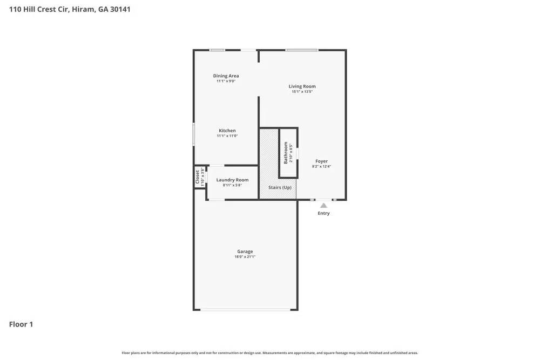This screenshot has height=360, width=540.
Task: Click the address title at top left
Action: click(69, 9)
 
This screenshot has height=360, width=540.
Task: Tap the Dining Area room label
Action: click(226, 76)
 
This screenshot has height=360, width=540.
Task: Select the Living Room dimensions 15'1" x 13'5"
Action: click(302, 92)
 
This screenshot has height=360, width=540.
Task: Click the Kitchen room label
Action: click(227, 131)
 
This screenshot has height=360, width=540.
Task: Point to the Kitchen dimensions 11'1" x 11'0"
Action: click(227, 136)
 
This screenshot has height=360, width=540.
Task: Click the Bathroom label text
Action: click(286, 153)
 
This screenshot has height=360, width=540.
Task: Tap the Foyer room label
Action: click(321, 161)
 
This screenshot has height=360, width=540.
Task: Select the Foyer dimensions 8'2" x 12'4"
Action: click(321, 167)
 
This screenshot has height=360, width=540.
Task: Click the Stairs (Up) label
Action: click(280, 187)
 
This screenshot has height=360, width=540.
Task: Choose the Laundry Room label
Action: click(232, 180)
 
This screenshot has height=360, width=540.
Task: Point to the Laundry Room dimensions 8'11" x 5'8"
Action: click(232, 185)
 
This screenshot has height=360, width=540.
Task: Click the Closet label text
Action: click(197, 176)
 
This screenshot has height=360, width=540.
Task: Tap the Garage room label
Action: click(245, 252)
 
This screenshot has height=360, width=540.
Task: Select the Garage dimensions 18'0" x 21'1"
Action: click(245, 257)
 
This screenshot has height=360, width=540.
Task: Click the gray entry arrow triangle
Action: click(323, 205)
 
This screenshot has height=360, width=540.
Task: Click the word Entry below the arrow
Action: click(323, 213)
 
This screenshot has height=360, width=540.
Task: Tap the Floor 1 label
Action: click(21, 324)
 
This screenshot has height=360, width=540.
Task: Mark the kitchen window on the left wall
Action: click(194, 134)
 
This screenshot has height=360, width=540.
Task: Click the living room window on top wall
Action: click(302, 50)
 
